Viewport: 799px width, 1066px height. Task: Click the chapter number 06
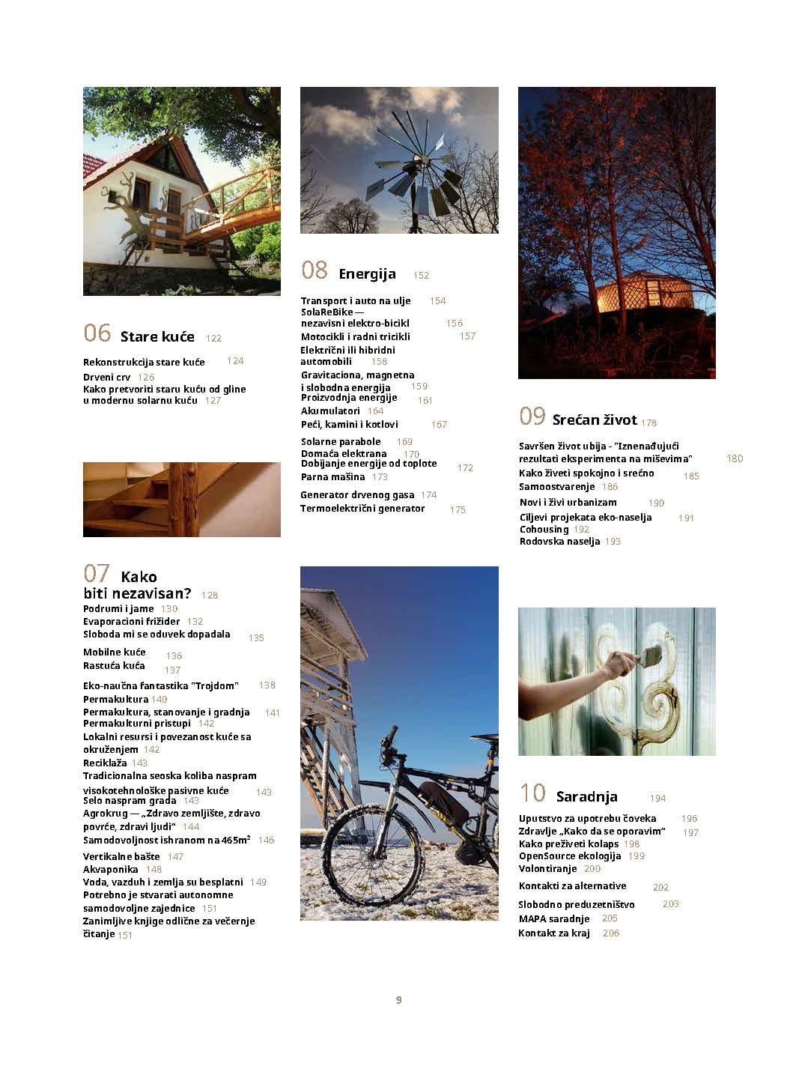coord(97,333)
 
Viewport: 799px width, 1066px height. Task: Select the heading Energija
coord(367,274)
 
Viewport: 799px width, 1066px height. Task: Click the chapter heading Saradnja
coord(586,796)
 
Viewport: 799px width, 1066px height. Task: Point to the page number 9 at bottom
coord(399,1000)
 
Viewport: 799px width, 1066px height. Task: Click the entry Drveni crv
coord(107,377)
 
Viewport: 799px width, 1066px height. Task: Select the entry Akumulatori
coord(330,411)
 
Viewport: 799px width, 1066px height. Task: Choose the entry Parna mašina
coord(333,476)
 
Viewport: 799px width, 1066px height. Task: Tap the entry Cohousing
coord(544,529)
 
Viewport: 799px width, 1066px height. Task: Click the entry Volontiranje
coord(547,868)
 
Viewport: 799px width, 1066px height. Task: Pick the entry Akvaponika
coord(111,869)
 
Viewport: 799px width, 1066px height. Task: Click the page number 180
coord(734,458)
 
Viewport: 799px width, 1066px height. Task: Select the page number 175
coord(458,509)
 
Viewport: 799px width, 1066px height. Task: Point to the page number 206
coord(610,933)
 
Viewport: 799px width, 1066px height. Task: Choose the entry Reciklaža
coord(105,763)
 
